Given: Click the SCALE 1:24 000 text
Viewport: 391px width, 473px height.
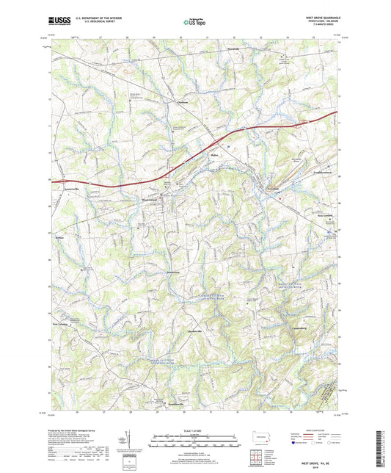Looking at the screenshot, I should point(194,430).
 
